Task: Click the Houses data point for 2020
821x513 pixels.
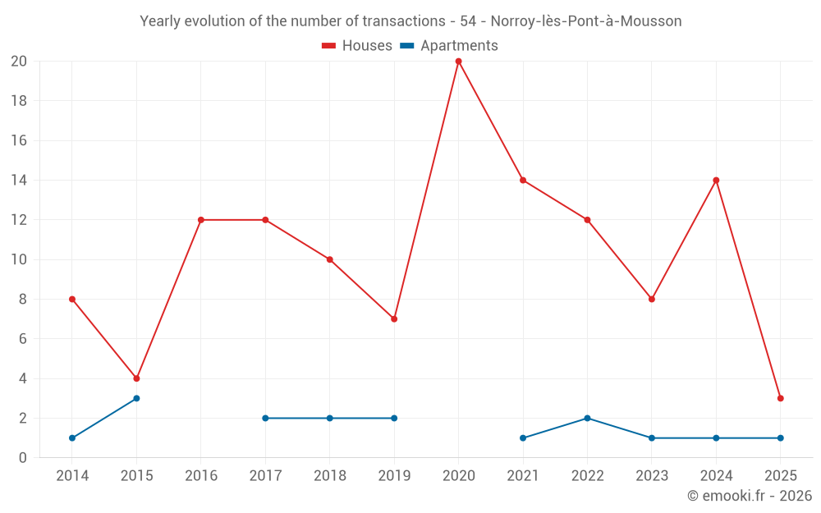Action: pyautogui.click(x=458, y=62)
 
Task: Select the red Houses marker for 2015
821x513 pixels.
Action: pyautogui.click(x=136, y=378)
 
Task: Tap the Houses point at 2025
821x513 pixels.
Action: pyautogui.click(x=780, y=398)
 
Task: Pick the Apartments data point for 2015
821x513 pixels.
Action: pyautogui.click(x=136, y=398)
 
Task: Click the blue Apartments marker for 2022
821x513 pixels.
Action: pyautogui.click(x=587, y=418)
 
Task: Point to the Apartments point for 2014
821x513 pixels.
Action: pyautogui.click(x=72, y=437)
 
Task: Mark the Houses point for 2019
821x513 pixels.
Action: pyautogui.click(x=394, y=318)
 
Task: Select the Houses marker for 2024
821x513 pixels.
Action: pyautogui.click(x=716, y=180)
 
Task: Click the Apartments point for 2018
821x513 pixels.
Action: pyautogui.click(x=329, y=418)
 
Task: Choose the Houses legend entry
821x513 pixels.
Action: pyautogui.click(x=357, y=46)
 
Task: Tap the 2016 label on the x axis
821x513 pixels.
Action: pyautogui.click(x=201, y=476)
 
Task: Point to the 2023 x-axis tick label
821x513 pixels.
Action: pyautogui.click(x=651, y=476)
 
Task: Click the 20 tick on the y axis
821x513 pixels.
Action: pyautogui.click(x=19, y=62)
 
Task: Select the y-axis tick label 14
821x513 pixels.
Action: pyautogui.click(x=19, y=180)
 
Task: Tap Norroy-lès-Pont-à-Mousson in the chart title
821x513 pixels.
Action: pyautogui.click(x=585, y=21)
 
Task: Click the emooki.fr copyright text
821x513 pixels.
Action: pyautogui.click(x=749, y=496)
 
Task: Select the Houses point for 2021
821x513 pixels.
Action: pyautogui.click(x=523, y=180)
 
